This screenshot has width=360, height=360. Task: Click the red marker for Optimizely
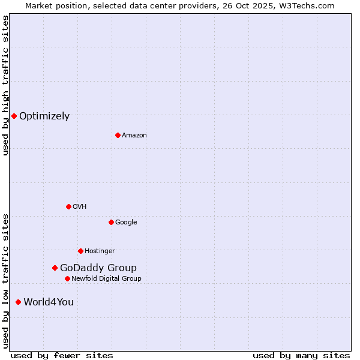14,116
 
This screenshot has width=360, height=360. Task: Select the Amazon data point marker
118,135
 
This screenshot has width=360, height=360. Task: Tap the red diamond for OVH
68,206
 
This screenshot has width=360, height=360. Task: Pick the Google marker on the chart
111,222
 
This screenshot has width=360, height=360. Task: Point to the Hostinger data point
80,251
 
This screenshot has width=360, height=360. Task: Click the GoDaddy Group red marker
55,268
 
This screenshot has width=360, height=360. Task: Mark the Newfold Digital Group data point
67,278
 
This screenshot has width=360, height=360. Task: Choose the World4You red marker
18,302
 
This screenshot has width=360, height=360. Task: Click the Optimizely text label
44,116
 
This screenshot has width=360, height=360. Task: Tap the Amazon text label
134,135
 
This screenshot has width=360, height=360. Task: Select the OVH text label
80,206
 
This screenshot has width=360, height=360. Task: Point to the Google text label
126,222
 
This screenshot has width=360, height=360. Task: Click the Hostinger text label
100,251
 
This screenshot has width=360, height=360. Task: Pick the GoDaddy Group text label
98,268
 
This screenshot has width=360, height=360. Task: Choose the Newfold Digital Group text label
106,278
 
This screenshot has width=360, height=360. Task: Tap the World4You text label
49,302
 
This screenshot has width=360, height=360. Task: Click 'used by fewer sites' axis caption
62,355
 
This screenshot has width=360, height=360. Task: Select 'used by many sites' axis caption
301,355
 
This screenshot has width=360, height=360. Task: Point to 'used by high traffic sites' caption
5,85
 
